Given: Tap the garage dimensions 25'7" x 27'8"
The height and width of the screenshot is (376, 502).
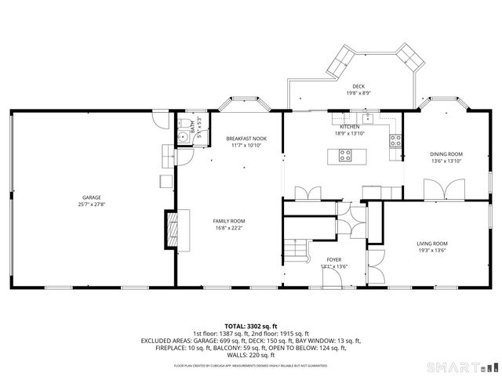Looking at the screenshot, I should click(x=92, y=204).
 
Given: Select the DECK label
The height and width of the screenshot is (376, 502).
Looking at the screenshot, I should click(x=358, y=86).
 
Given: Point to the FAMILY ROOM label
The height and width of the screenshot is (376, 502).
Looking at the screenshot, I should click(x=229, y=221).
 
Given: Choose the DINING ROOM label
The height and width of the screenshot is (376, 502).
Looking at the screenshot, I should click(x=446, y=154).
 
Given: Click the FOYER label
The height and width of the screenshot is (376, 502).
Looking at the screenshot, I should click(x=333, y=259).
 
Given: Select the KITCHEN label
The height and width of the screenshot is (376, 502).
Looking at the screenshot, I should click(x=349, y=127).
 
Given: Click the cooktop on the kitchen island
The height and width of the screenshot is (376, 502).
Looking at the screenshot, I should click(x=345, y=154).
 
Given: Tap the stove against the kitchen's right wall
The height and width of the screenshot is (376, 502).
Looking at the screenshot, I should click(x=395, y=142).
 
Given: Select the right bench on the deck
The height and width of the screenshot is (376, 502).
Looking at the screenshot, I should click(x=409, y=54).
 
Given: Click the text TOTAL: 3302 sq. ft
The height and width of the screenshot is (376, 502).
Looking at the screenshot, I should click(x=250, y=325).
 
